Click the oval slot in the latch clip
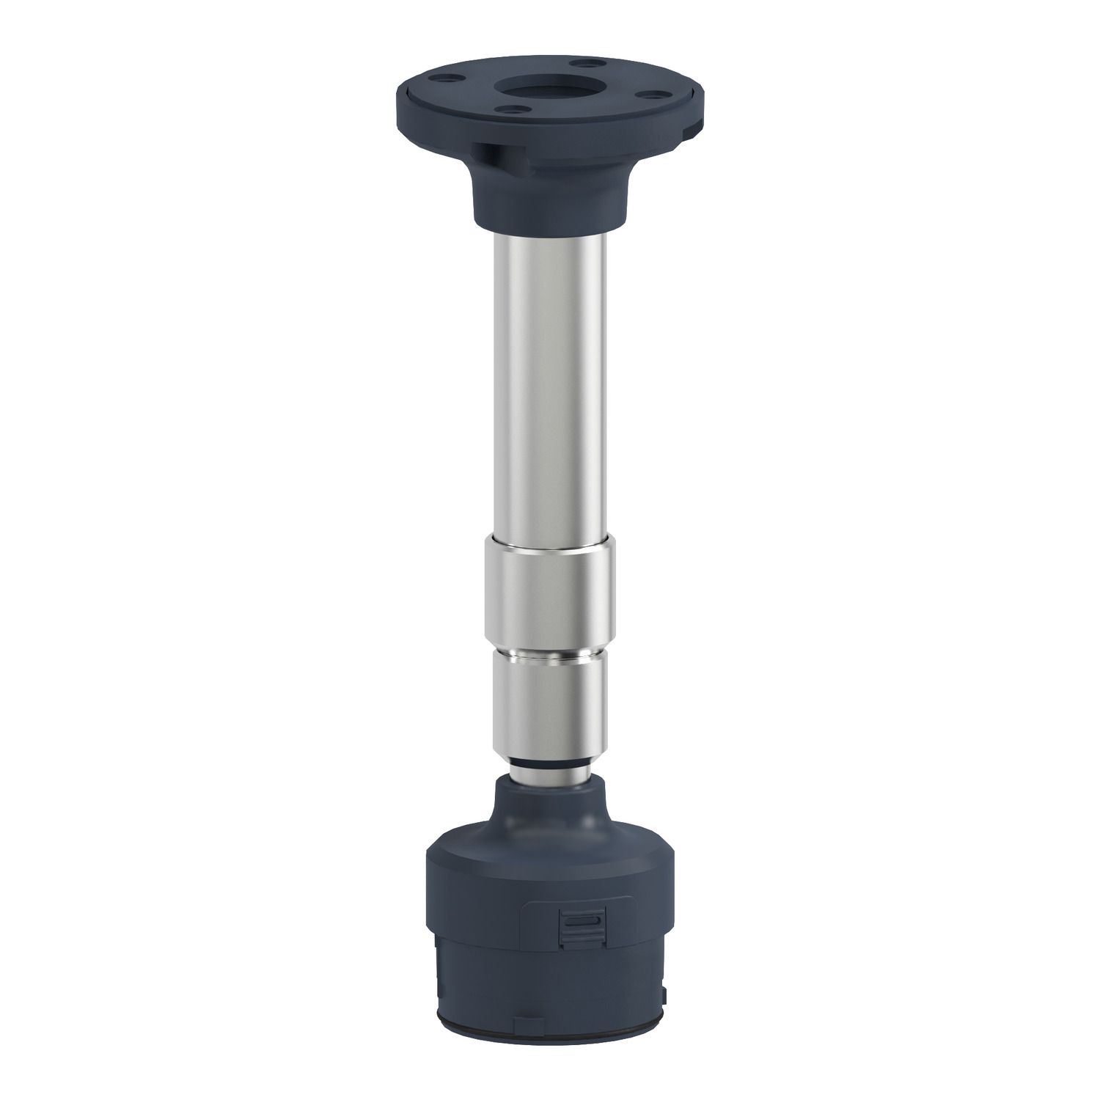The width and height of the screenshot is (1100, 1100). (579, 921)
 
